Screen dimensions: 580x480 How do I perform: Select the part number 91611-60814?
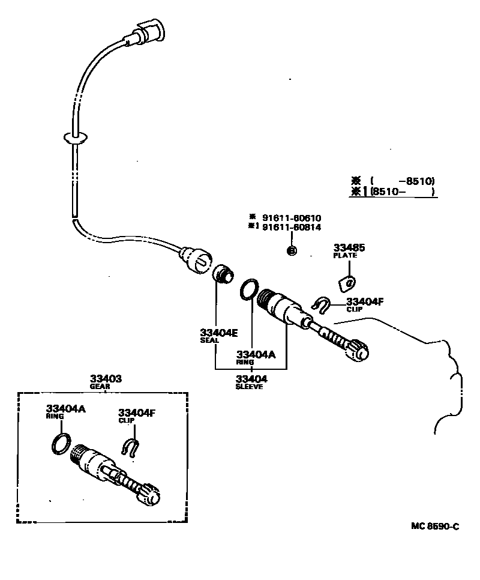(x=291, y=228)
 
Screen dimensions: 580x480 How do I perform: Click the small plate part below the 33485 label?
(x=347, y=282)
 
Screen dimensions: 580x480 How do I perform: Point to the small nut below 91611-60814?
(x=290, y=250)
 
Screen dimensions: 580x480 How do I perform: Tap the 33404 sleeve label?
(x=251, y=379)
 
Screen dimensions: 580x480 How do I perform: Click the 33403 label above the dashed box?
(x=106, y=379)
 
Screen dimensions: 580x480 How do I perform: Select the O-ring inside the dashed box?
(x=59, y=444)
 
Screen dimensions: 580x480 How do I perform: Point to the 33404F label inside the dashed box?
(x=136, y=412)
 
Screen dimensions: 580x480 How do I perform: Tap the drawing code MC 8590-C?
(x=436, y=526)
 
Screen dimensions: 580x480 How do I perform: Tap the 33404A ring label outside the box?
(x=256, y=354)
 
